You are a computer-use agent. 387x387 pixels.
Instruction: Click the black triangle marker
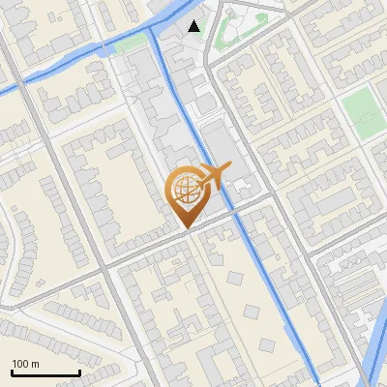click(194, 26)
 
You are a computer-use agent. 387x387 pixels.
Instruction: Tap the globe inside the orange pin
click(184, 193)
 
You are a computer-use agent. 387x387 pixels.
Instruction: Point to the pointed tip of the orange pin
click(184, 228)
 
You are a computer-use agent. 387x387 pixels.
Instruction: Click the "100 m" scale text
click(25, 364)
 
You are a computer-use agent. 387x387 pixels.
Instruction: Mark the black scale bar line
click(45, 372)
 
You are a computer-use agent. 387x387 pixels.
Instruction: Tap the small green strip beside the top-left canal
click(127, 45)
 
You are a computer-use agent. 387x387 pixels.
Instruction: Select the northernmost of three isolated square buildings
click(235, 278)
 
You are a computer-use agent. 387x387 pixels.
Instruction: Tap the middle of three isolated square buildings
click(253, 312)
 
